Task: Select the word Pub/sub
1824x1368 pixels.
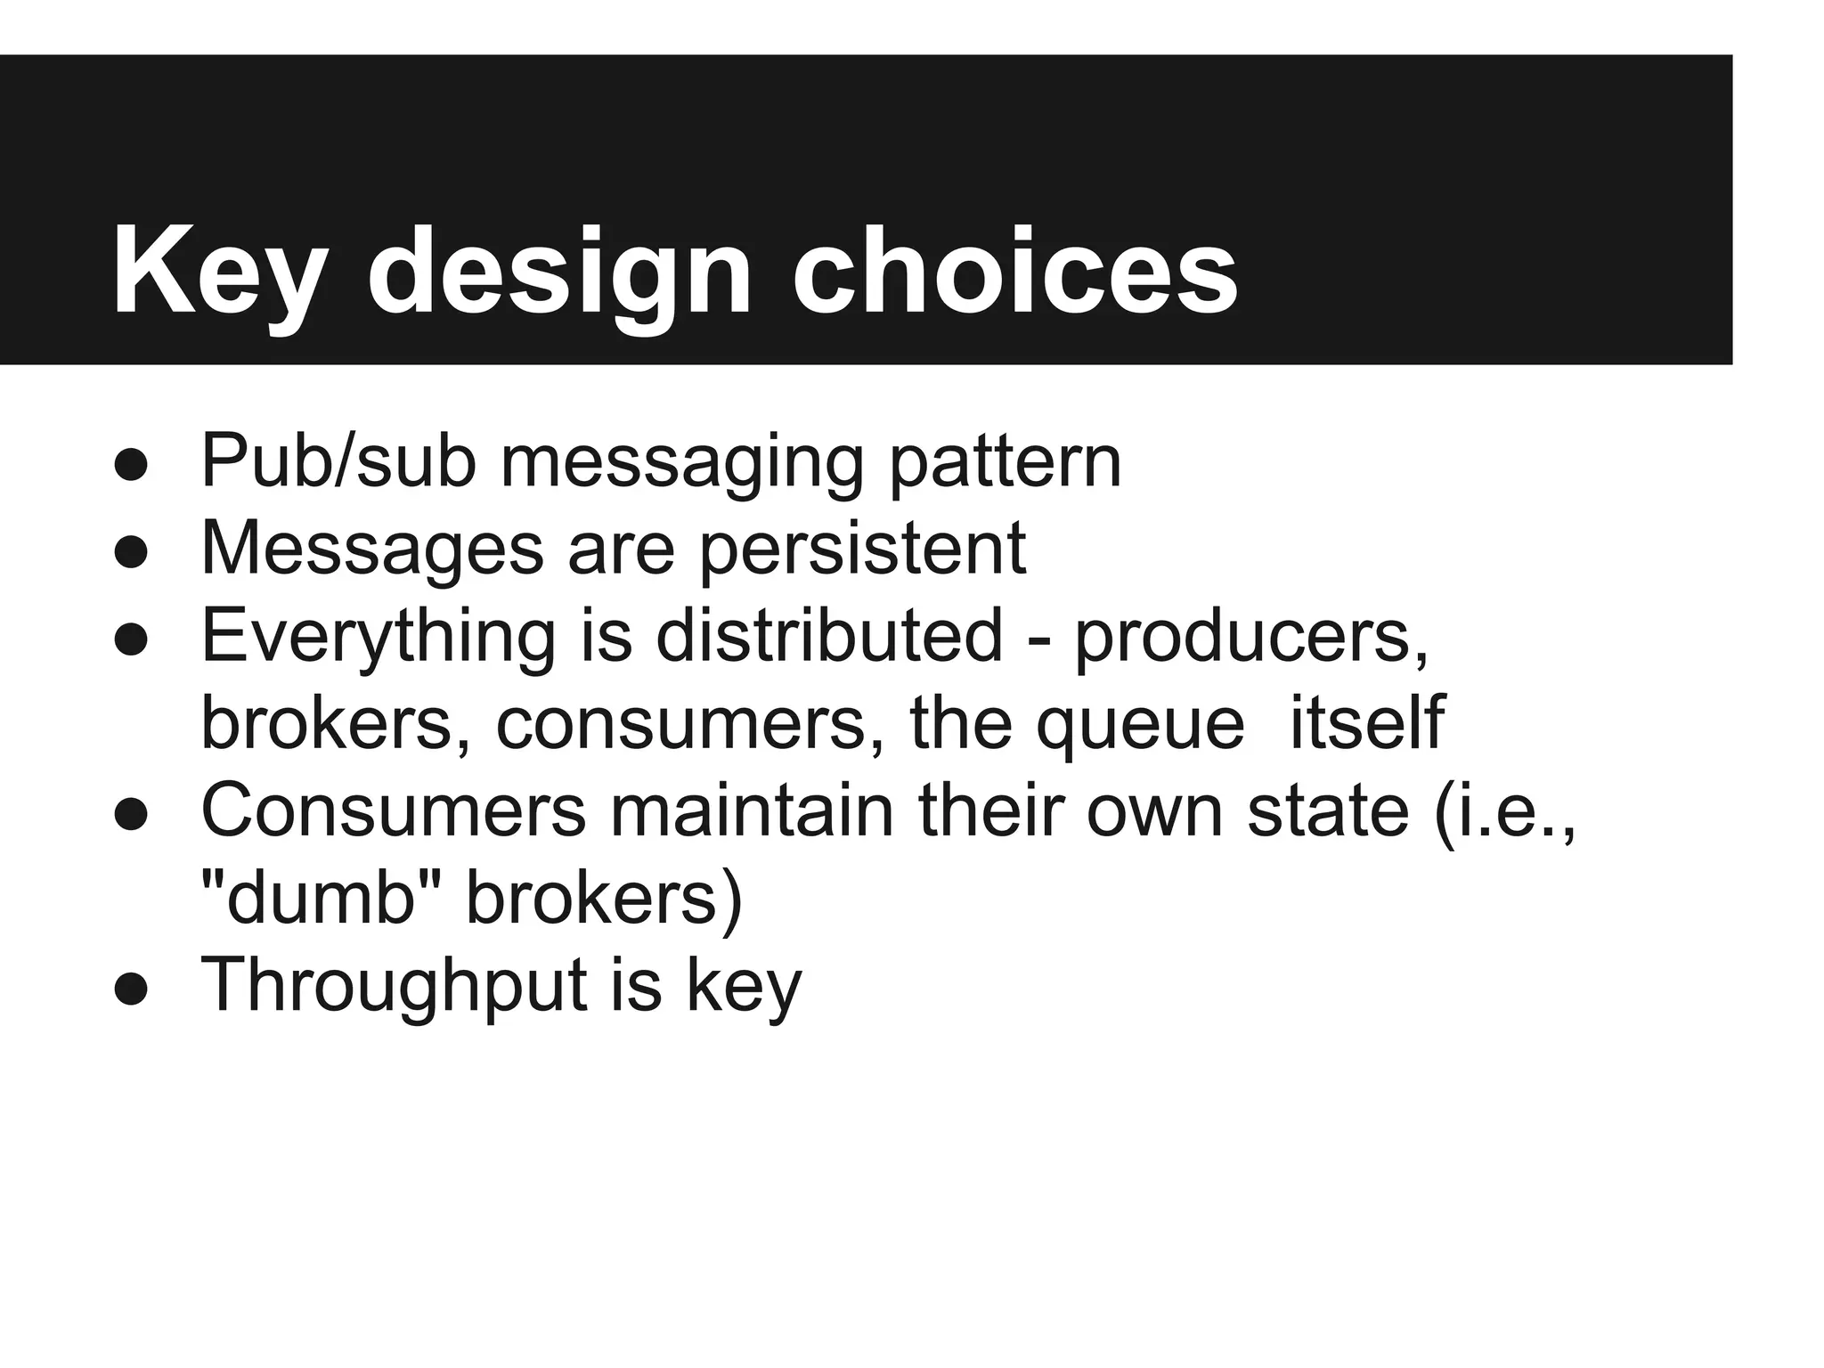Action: (338, 460)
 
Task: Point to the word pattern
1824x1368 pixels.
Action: (1006, 462)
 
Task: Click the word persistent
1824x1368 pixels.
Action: (862, 549)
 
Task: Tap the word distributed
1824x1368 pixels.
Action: (830, 635)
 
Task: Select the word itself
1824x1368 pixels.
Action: (1366, 722)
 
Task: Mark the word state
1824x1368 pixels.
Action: (1328, 810)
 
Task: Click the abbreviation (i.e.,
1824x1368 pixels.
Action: (1505, 810)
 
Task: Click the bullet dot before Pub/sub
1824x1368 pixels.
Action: (131, 466)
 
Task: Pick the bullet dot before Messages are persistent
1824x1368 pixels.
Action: (131, 553)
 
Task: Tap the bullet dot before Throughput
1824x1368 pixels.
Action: (131, 989)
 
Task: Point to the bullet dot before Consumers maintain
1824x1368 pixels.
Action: (131, 815)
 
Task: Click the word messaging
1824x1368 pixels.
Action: (682, 462)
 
